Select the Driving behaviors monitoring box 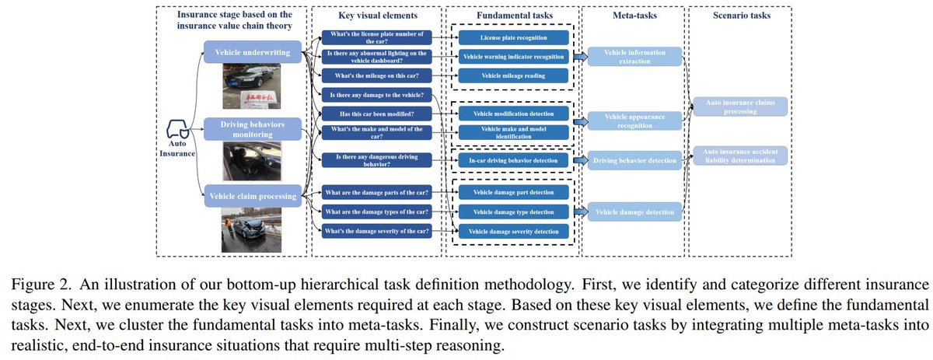click(252, 129)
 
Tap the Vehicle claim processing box click(252, 197)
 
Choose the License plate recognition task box click(512, 37)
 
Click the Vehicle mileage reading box click(512, 75)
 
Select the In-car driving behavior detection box click(512, 161)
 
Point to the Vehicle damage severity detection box click(512, 231)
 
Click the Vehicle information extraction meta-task click(634, 57)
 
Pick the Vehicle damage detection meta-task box click(634, 210)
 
